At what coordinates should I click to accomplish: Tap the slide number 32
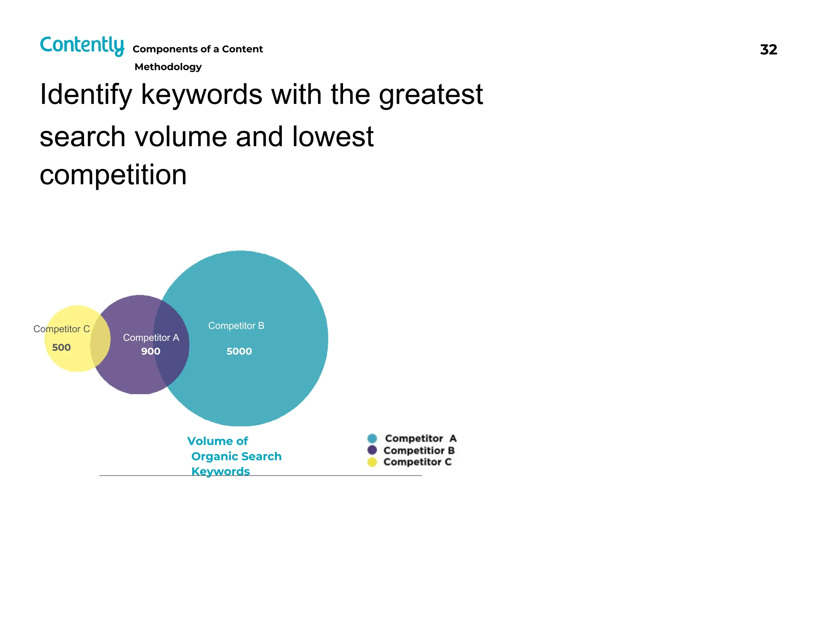[x=768, y=50]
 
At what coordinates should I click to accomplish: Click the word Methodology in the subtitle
[x=168, y=67]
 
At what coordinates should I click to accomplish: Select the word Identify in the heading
[x=86, y=95]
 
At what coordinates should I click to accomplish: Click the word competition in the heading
[x=113, y=175]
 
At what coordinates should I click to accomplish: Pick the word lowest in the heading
[x=333, y=136]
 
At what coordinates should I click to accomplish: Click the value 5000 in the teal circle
[x=239, y=351]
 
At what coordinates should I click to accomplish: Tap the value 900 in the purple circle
[x=151, y=351]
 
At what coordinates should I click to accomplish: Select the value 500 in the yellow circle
[x=61, y=348]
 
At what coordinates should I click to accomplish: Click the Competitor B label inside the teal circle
[x=236, y=326]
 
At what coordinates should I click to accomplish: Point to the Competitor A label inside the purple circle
[x=151, y=338]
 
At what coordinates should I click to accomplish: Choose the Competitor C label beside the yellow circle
[x=62, y=329]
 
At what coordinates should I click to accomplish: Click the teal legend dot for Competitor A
[x=372, y=438]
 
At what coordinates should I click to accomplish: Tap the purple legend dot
[x=372, y=450]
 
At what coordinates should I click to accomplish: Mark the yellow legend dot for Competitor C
[x=372, y=462]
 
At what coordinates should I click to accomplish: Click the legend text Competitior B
[x=419, y=450]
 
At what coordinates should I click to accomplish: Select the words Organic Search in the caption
[x=236, y=456]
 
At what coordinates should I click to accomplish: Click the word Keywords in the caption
[x=221, y=472]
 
